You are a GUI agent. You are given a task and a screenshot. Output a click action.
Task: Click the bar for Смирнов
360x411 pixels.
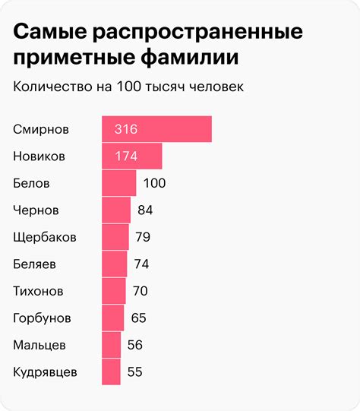point(156,129)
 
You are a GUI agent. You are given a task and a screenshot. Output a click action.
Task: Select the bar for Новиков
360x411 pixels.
point(131,156)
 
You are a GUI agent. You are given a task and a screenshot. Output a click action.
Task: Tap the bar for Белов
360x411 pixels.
point(118,183)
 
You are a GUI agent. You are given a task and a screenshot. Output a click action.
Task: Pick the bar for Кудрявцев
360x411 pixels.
point(111,371)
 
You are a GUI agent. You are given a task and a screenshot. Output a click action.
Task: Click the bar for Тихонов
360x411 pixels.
point(113,290)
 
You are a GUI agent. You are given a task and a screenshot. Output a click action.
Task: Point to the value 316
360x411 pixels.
point(125,129)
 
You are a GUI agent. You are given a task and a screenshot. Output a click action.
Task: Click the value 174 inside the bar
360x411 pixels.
point(125,156)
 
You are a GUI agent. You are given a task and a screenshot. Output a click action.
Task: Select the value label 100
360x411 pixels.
point(154,183)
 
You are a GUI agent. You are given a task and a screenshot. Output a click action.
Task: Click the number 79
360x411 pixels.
point(143,237)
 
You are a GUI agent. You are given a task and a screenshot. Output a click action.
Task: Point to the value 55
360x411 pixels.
point(135,371)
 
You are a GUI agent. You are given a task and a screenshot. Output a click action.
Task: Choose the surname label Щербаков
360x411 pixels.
point(45,237)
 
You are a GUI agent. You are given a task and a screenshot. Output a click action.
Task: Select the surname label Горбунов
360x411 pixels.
point(43,318)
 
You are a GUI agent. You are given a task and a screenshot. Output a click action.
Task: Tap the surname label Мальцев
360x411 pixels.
point(40,345)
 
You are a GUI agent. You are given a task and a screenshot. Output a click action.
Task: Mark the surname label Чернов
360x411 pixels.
point(36,210)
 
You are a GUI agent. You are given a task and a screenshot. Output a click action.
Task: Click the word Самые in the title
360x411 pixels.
point(49,33)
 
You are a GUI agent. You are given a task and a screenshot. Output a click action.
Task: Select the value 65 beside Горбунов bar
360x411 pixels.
point(139,318)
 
